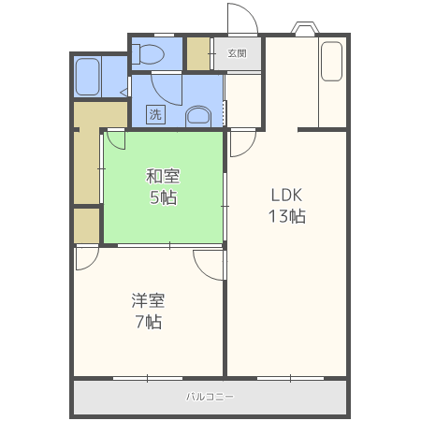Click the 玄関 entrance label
click(x=237, y=53)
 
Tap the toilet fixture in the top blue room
click(x=148, y=54)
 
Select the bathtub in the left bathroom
click(x=88, y=77)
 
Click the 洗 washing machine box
click(x=155, y=114)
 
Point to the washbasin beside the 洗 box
click(x=198, y=117)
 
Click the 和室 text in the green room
click(x=163, y=176)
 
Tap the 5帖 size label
click(x=164, y=197)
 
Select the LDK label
click(x=286, y=196)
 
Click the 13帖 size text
click(x=287, y=216)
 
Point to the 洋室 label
click(x=148, y=300)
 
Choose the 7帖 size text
click(x=149, y=322)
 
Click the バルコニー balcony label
click(x=210, y=397)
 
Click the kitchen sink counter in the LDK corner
click(x=332, y=62)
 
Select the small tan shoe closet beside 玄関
click(x=198, y=53)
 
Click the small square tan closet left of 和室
click(x=87, y=225)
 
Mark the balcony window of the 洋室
click(x=148, y=378)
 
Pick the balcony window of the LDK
click(x=290, y=378)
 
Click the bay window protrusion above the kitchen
click(x=305, y=27)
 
